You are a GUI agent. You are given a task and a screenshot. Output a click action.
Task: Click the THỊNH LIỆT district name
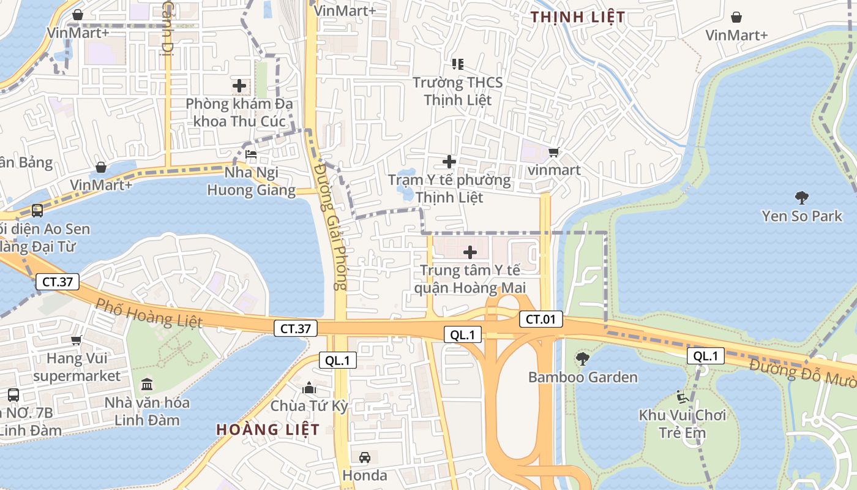578,17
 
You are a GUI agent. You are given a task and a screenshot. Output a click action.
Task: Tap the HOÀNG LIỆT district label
268,429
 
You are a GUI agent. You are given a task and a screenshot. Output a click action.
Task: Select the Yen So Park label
802,216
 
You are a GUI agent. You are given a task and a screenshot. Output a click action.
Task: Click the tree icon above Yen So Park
801,197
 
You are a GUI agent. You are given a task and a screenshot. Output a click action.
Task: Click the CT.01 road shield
541,318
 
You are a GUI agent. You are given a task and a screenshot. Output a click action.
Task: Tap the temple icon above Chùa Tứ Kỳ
309,388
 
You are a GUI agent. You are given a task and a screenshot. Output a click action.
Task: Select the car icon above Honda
364,457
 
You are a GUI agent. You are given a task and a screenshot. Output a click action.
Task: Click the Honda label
364,475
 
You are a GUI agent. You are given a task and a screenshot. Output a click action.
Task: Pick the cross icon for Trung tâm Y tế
470,252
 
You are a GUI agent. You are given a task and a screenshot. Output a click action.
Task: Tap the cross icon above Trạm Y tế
449,162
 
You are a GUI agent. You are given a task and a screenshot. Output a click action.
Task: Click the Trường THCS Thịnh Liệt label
457,91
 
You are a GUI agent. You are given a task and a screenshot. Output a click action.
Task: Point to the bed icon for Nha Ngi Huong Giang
251,154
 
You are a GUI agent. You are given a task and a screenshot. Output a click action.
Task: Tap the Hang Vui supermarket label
77,366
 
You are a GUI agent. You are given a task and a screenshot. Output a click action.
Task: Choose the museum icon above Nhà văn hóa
147,385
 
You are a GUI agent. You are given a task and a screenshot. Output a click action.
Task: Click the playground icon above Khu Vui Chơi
683,397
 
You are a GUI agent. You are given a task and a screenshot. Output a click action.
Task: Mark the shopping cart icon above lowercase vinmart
553,152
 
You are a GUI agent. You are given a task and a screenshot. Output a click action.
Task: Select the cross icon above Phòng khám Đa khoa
239,86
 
